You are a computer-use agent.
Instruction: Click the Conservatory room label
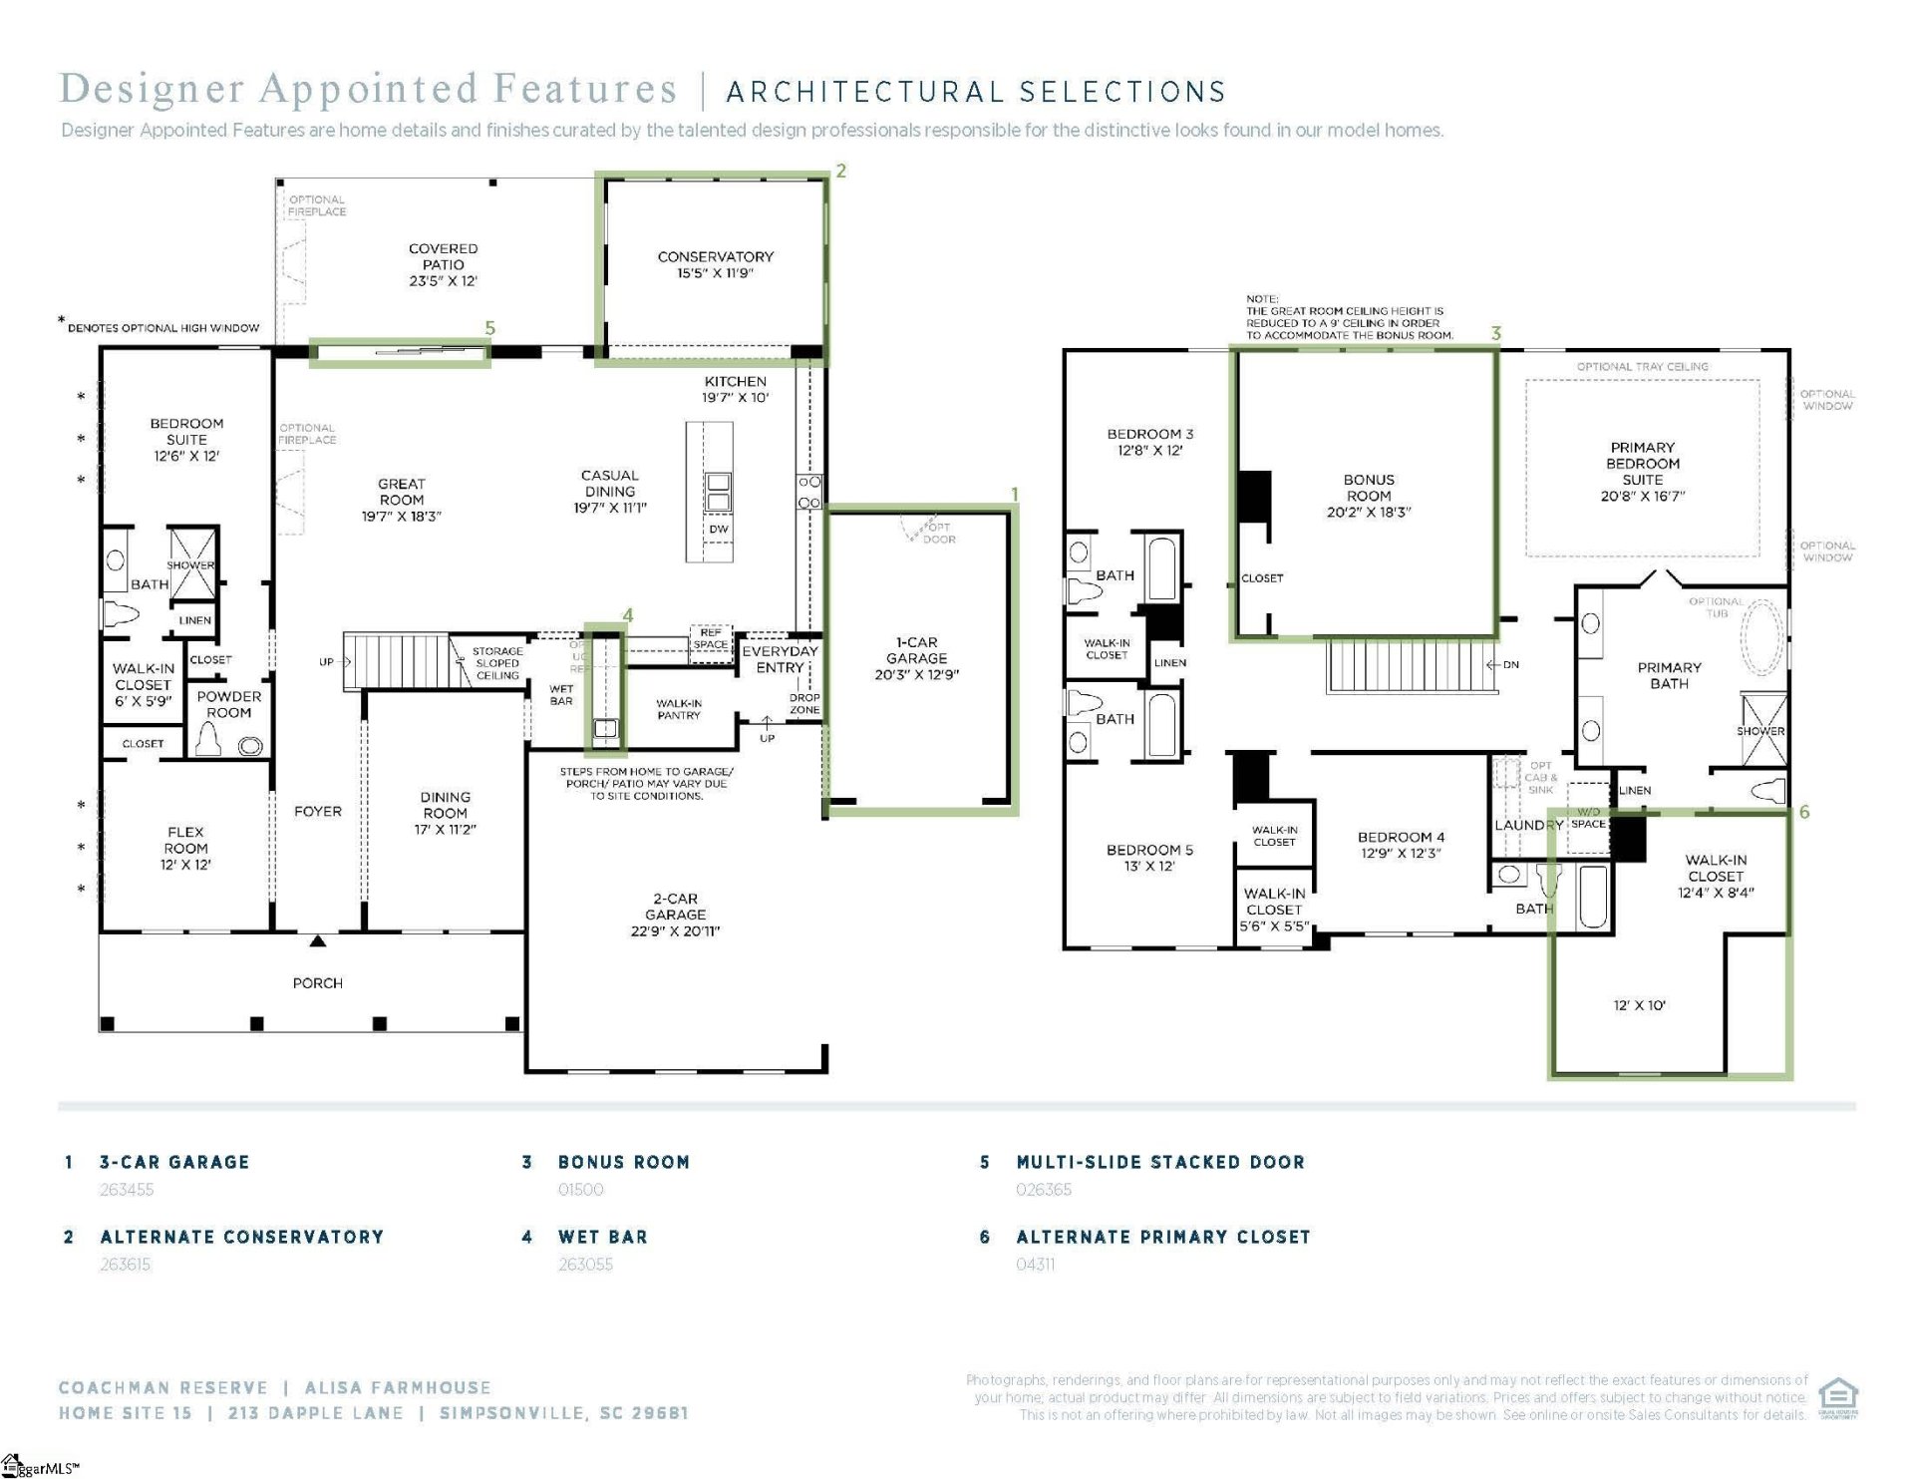pyautogui.click(x=715, y=256)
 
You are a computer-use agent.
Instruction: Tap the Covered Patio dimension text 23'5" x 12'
pyautogui.click(x=443, y=281)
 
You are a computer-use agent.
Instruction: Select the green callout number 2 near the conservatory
pyautogui.click(x=841, y=172)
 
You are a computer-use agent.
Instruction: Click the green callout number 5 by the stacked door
pyautogui.click(x=489, y=328)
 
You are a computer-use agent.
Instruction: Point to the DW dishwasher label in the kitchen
pyautogui.click(x=718, y=529)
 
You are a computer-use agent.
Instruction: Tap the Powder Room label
pyautogui.click(x=228, y=704)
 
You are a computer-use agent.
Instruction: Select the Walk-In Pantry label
pyautogui.click(x=679, y=709)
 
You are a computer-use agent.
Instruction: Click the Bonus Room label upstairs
pyautogui.click(x=1368, y=488)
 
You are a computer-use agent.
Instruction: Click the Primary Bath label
pyautogui.click(x=1669, y=675)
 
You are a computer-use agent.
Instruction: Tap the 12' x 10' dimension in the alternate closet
pyautogui.click(x=1639, y=1005)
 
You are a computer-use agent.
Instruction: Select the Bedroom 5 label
pyautogui.click(x=1149, y=850)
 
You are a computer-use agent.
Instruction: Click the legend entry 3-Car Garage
pyautogui.click(x=174, y=1162)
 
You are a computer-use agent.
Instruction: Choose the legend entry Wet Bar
pyautogui.click(x=603, y=1237)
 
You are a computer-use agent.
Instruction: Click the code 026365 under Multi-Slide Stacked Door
pyautogui.click(x=1044, y=1190)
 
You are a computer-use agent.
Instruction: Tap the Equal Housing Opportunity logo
pyautogui.click(x=1837, y=1396)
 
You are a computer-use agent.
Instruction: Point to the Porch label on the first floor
pyautogui.click(x=317, y=983)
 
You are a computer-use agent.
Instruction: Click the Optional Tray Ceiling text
pyautogui.click(x=1642, y=366)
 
